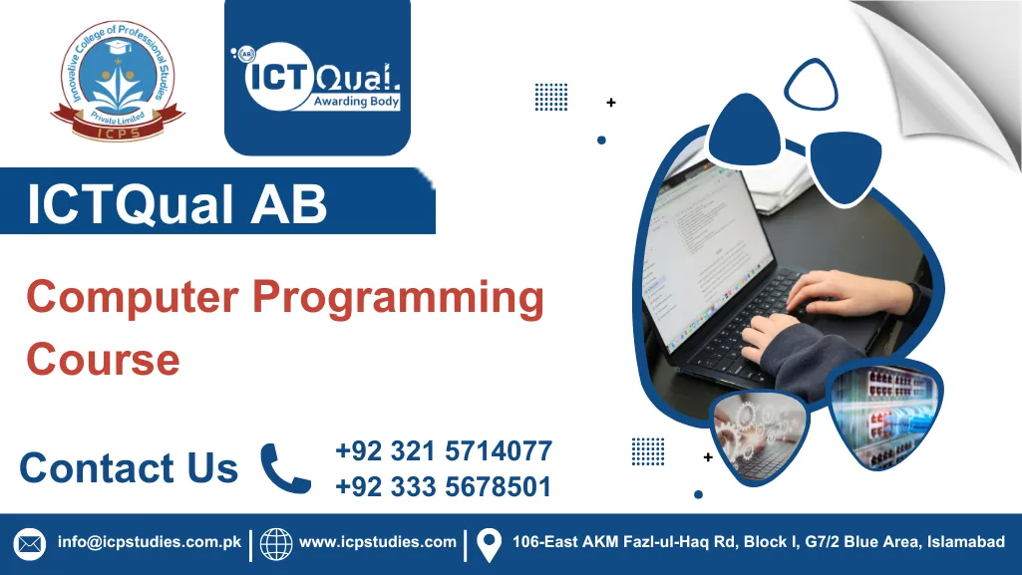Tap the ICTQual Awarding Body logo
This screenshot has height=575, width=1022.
[317, 77]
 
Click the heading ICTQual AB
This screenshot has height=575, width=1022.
[177, 206]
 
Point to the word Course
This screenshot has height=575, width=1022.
[103, 359]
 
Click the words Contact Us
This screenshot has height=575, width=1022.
[129, 467]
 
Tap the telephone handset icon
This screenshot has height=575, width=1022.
[286, 468]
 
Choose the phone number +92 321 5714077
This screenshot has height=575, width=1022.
[444, 451]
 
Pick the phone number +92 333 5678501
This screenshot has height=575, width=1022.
[444, 486]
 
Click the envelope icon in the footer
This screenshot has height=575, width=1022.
[30, 544]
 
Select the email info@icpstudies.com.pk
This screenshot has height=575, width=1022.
[150, 543]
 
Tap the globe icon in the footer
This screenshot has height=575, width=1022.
[276, 544]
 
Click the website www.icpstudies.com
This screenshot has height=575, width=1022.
[378, 543]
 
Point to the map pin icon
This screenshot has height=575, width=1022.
[489, 544]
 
